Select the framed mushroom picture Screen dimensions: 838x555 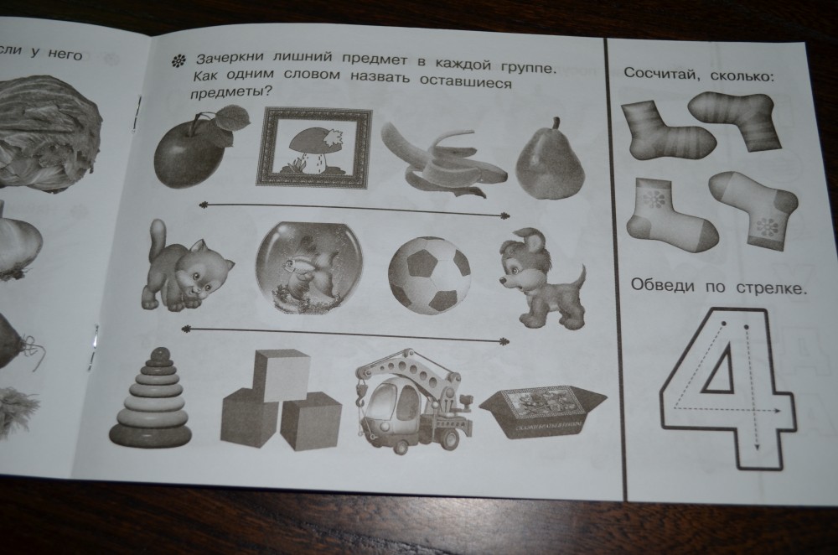click(313, 148)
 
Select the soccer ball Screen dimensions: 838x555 click(430, 274)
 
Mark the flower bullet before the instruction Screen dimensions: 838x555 click(178, 61)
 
